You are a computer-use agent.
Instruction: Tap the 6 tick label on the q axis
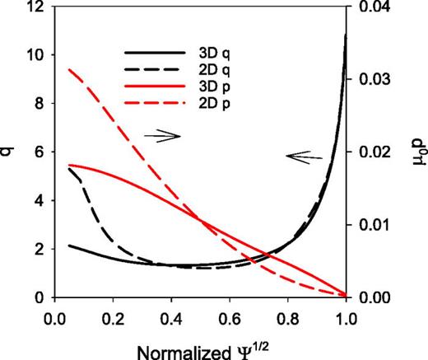[x=39, y=152]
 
